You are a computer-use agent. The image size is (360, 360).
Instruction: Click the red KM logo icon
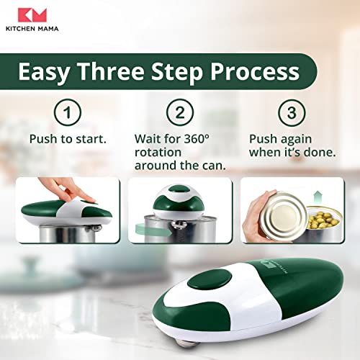[x=32, y=15]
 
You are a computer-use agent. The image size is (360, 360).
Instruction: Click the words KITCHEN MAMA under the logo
[x=32, y=29]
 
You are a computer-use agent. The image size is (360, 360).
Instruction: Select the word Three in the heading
[x=111, y=71]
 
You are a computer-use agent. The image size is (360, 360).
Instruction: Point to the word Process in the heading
[x=255, y=73]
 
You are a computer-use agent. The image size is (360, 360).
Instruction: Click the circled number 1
[x=68, y=112]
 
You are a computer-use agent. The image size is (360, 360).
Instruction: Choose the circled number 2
[x=180, y=112]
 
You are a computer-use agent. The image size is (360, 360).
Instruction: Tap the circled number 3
[x=292, y=112]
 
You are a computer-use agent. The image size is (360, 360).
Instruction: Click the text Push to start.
[x=68, y=139]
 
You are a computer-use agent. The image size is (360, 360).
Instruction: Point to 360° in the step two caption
[x=197, y=138]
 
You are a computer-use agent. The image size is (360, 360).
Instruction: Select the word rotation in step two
[x=158, y=153]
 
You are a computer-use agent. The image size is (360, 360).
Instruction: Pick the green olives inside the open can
[x=324, y=220]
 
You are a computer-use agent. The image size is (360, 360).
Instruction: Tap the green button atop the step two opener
[x=179, y=189]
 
